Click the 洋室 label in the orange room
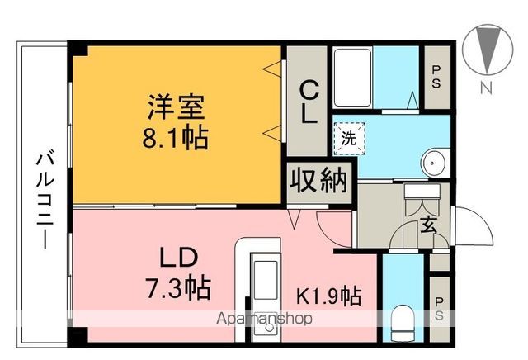[176, 108]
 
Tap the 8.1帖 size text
[176, 135]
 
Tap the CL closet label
[308, 101]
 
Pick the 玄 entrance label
[430, 224]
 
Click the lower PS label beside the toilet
[441, 301]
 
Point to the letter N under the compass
[488, 89]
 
